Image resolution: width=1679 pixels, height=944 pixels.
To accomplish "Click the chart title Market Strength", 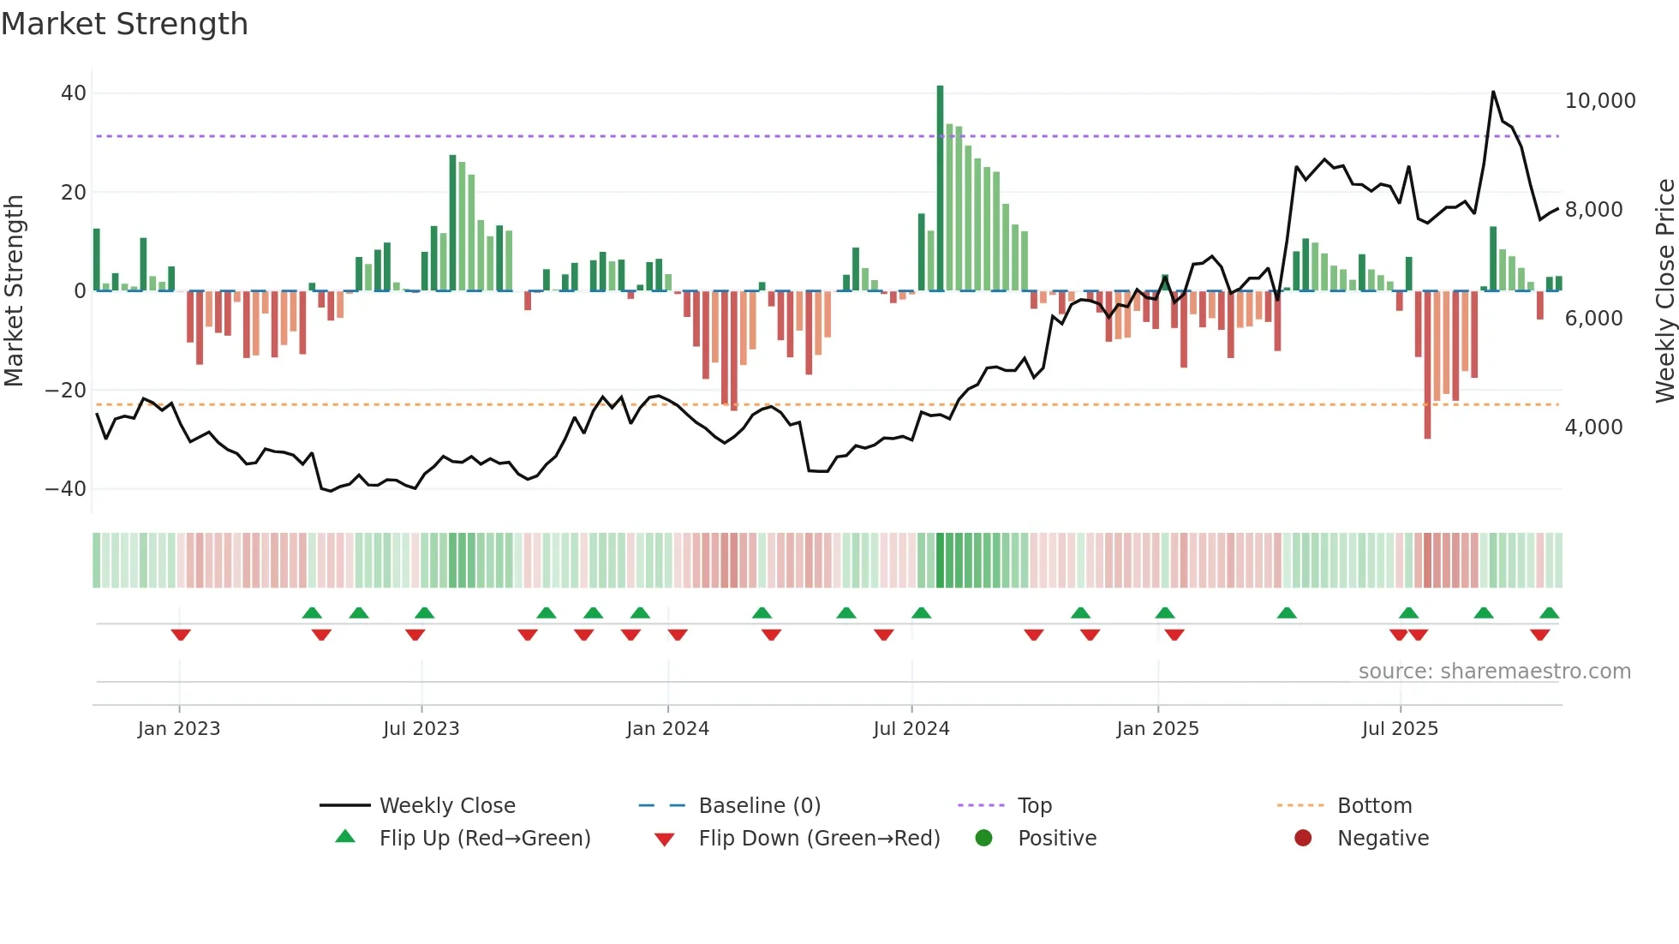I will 125,24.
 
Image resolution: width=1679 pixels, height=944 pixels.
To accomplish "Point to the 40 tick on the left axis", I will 74,93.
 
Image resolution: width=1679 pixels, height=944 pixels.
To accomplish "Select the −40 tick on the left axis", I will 66,489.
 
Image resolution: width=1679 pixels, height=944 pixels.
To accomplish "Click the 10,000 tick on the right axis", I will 1599,101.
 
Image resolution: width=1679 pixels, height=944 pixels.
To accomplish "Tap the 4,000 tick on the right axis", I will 1593,427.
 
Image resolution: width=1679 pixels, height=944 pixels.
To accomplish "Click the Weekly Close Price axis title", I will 1664,291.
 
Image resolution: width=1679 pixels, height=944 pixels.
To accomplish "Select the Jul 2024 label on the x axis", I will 911,729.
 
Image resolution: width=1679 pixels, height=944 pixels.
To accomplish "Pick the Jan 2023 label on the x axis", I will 179,729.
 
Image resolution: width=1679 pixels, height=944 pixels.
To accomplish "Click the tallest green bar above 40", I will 940,188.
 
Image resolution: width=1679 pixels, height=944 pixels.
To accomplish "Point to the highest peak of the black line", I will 1493,92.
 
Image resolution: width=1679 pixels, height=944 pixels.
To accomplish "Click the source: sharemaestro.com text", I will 1494,672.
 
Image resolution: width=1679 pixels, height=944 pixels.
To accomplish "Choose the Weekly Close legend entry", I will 447,806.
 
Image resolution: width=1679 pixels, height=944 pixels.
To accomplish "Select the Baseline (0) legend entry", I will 759,806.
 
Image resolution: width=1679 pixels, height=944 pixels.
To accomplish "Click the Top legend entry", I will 1034,806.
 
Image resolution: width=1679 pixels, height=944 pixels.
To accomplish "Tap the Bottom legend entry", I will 1374,806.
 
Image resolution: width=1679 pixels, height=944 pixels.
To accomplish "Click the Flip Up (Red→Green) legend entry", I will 484,839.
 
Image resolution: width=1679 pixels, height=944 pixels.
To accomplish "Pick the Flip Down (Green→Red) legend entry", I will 818,839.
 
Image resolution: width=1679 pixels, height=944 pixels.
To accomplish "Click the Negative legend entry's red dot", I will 1303,839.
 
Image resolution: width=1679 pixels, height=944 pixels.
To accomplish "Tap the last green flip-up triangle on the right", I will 1549,613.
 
